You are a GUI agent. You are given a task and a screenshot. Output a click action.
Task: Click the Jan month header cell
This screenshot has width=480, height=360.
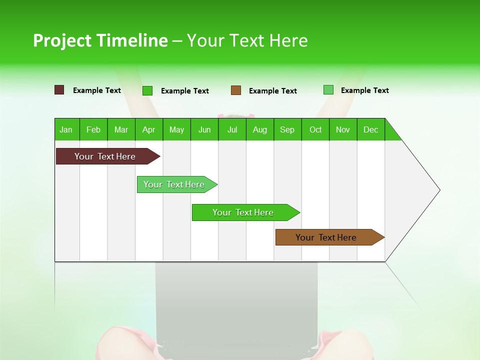[66, 129]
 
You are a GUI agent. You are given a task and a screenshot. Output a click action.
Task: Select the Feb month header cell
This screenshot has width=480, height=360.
[93, 129]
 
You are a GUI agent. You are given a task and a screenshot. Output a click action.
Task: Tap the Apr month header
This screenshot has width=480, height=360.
[149, 129]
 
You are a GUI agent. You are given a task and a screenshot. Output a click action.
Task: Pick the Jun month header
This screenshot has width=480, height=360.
[204, 129]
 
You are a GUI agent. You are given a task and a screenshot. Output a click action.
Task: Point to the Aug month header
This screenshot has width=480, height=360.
[260, 129]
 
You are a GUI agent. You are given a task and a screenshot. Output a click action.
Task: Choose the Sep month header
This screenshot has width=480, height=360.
[287, 129]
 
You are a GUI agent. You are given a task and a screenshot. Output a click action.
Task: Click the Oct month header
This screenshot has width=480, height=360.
[315, 129]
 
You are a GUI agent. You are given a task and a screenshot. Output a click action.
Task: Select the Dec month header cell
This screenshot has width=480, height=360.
[371, 129]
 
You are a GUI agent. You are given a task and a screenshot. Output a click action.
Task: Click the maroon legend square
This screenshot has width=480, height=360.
[59, 90]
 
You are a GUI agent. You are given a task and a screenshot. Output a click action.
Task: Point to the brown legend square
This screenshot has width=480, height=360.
[236, 90]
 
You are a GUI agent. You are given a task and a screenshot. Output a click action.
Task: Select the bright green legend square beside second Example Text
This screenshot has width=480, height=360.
[147, 90]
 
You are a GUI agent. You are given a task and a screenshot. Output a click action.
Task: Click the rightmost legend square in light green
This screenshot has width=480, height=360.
[328, 90]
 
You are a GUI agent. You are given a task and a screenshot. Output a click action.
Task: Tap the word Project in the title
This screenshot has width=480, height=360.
[61, 40]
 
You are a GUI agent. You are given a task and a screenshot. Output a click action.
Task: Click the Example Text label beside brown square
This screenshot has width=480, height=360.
[273, 91]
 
